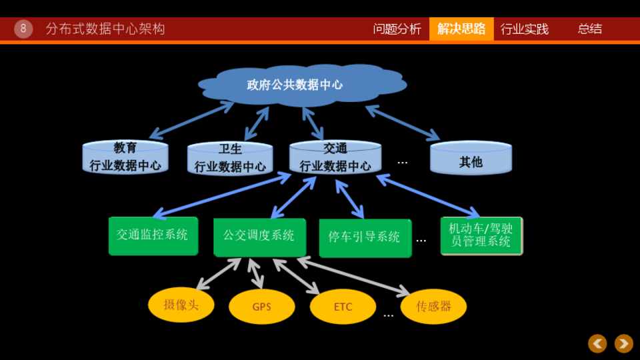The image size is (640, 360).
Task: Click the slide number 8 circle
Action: [x=23, y=29]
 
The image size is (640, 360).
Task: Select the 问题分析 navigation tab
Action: [x=397, y=29]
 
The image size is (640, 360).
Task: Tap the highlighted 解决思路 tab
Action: [x=461, y=29]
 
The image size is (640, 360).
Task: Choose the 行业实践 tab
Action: [x=525, y=29]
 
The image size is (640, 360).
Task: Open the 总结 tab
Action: [x=589, y=29]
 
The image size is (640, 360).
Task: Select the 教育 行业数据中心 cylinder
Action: [x=125, y=157]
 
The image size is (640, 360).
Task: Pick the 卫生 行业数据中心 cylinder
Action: [x=230, y=159]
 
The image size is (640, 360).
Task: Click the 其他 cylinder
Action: [x=471, y=159]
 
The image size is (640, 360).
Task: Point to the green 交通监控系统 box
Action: [x=153, y=235]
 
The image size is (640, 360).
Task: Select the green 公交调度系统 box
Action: [x=259, y=237]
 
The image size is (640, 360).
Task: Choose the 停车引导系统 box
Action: [x=365, y=238]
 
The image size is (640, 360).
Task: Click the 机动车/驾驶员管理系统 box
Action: [x=481, y=235]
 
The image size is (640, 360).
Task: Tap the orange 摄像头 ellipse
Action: [x=181, y=305]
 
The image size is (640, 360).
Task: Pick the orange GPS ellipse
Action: [x=262, y=307]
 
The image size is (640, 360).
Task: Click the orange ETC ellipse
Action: [x=343, y=307]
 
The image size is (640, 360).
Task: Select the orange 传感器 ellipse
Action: [x=433, y=306]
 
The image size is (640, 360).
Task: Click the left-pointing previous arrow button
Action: [x=597, y=343]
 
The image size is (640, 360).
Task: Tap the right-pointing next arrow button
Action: [x=624, y=343]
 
